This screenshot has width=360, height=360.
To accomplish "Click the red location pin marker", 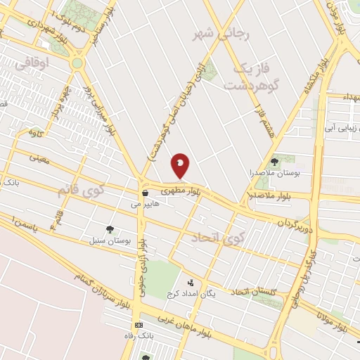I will pyautogui.click(x=180, y=165).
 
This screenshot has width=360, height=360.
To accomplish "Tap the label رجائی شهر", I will pyautogui.click(x=218, y=33).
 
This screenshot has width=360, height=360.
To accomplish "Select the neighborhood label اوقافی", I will pyautogui.click(x=51, y=63).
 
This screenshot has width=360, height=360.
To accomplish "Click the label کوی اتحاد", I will pyautogui.click(x=221, y=238).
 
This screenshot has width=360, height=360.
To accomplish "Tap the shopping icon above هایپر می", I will pyautogui.click(x=145, y=193).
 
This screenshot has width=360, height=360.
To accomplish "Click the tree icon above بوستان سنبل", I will pyautogui.click(x=110, y=229).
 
